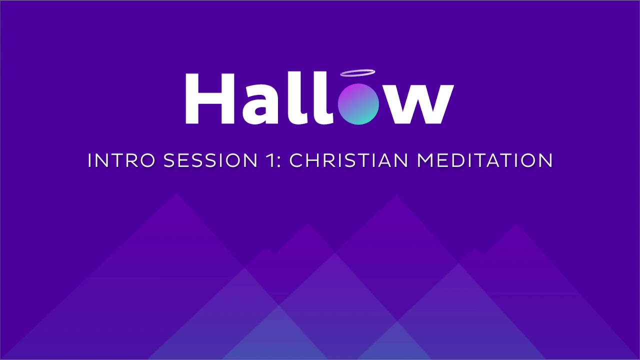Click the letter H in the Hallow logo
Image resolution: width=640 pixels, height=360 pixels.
coord(210,99)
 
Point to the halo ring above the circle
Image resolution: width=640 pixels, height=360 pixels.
coord(357,73)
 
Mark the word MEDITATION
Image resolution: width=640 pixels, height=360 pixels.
coord(485,161)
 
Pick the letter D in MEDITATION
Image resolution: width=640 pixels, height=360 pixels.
coord(459,161)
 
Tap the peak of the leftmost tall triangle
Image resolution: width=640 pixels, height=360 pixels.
coord(177,195)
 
